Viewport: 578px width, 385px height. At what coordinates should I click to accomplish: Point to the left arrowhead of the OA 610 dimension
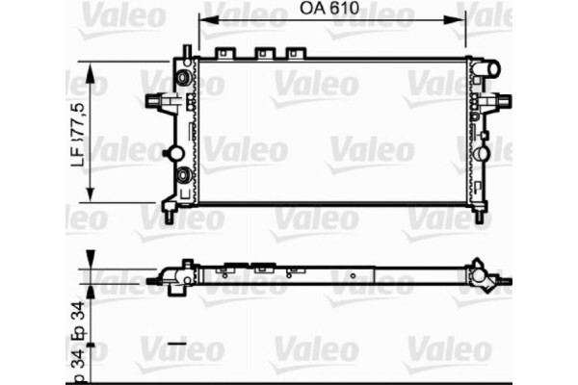(202, 17)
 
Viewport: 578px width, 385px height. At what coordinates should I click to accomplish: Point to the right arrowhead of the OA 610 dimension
(464, 17)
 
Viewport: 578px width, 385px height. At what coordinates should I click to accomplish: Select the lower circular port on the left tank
(183, 175)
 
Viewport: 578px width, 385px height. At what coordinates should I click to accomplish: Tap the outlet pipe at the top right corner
(488, 67)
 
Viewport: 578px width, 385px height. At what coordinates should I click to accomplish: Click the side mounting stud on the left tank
(154, 99)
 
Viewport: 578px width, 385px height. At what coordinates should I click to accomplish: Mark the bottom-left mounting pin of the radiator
(171, 216)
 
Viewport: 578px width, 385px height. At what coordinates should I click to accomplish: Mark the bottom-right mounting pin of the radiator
(479, 215)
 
